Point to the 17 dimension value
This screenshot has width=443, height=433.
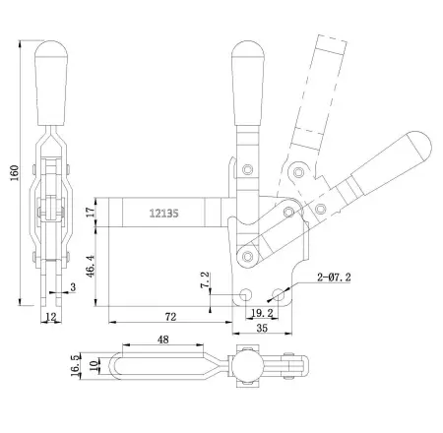91,211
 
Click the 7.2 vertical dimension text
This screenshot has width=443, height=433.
204,280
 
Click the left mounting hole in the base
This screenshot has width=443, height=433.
247,294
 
